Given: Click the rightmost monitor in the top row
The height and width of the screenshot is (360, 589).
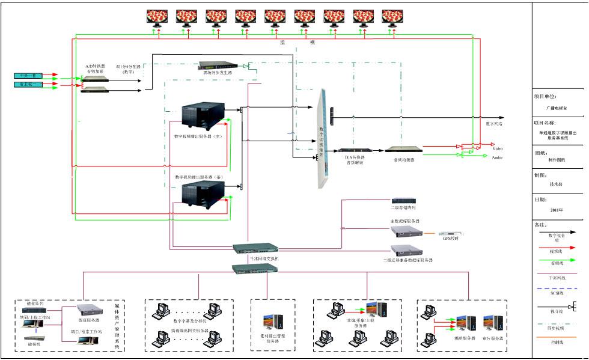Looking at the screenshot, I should (392, 16).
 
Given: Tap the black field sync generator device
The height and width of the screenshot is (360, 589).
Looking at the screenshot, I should (216, 66).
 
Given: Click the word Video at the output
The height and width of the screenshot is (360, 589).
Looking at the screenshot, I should (498, 148).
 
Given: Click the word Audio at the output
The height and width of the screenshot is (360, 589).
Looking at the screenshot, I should (498, 157).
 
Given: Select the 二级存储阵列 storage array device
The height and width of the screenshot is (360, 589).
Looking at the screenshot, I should (403, 200).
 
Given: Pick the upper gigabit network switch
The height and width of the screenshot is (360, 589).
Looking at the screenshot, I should (255, 247).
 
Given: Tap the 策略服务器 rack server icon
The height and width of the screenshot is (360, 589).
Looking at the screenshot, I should (91, 310).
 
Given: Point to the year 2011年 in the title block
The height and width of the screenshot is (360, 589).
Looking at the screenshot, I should (557, 210).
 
